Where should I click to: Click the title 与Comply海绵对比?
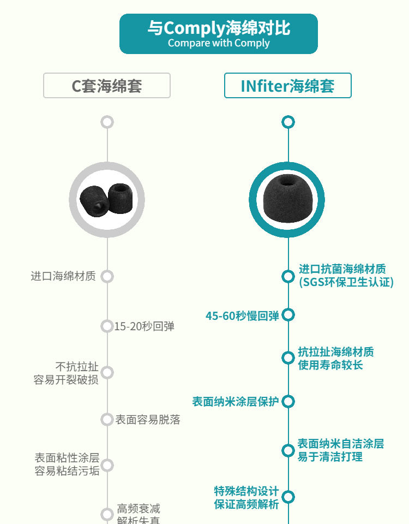(218, 28)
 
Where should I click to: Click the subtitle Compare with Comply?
(218, 43)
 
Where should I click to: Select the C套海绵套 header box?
(107, 86)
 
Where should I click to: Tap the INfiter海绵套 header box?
(287, 86)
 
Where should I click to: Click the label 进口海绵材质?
(63, 276)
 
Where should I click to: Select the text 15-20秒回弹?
(145, 326)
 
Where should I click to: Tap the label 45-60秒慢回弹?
(242, 315)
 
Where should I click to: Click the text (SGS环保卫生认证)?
(346, 282)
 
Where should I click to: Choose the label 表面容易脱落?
(148, 420)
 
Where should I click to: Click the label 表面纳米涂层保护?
(236, 402)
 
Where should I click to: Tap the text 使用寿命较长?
(330, 365)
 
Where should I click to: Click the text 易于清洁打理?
(330, 457)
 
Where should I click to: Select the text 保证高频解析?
(246, 504)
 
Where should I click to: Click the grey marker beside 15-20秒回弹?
(107, 326)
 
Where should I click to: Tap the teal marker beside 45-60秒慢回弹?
(288, 315)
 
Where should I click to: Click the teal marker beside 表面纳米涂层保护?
(288, 402)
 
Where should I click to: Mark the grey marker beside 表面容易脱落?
(107, 420)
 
